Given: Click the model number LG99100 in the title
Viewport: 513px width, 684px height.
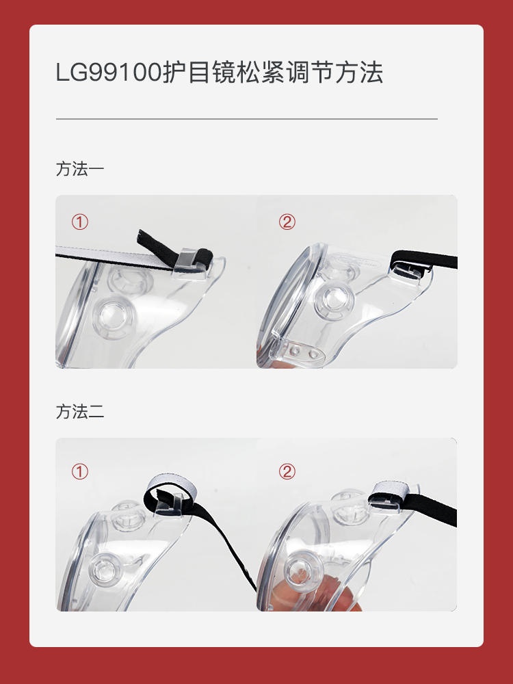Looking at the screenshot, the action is [x=109, y=73].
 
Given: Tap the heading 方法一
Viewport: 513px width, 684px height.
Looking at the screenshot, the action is [x=80, y=169].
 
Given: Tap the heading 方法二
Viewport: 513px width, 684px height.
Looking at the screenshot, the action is [x=80, y=412].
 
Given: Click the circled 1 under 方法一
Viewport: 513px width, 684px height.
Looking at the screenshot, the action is [x=80, y=222].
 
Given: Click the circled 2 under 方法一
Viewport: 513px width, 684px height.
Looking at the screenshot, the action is [x=287, y=222].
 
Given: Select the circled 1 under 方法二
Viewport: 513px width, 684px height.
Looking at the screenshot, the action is [x=80, y=471].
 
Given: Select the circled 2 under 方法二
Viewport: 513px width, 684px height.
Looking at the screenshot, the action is [x=287, y=471].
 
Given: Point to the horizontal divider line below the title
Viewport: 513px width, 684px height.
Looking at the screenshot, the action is [x=246, y=118].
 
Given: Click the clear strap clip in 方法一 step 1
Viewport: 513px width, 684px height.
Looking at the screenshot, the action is [x=189, y=263].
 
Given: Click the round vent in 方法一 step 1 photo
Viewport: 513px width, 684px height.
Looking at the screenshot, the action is [x=114, y=316].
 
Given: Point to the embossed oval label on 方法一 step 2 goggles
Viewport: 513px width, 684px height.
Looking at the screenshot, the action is [x=357, y=262].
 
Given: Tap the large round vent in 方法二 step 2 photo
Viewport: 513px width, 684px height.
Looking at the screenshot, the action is [x=304, y=569].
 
